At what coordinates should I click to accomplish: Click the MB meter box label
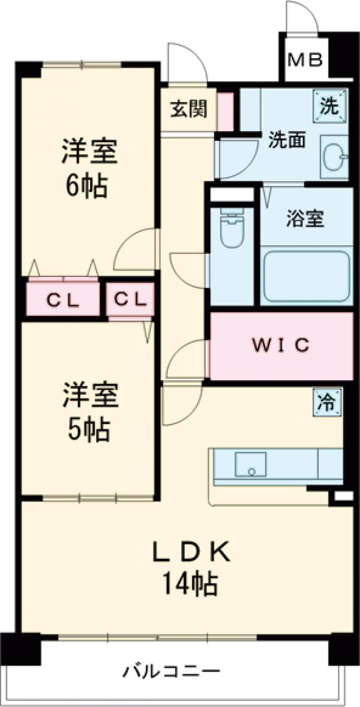click(x=305, y=60)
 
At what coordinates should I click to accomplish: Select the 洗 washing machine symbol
click(x=329, y=104)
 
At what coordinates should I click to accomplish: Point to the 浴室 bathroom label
click(x=305, y=219)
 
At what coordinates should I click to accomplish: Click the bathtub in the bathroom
click(x=307, y=276)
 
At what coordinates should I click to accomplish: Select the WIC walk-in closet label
click(x=280, y=345)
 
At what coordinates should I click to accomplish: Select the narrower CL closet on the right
click(x=130, y=299)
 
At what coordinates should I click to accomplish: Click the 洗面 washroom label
click(x=287, y=140)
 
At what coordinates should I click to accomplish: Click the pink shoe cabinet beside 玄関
click(x=225, y=111)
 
